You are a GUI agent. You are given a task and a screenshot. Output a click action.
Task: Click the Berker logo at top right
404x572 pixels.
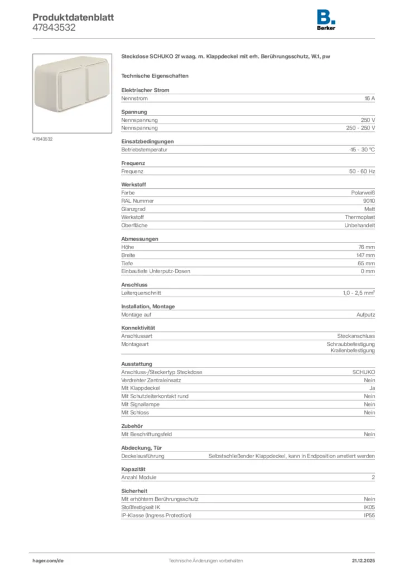[x=326, y=21]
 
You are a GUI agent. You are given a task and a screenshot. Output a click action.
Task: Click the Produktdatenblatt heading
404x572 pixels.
[x=73, y=17]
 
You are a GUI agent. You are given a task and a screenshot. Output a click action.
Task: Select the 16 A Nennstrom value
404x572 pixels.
[x=369, y=98]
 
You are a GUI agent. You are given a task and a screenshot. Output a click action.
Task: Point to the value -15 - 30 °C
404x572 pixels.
[x=362, y=150]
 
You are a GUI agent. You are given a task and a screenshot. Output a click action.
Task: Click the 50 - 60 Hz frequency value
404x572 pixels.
[x=362, y=171]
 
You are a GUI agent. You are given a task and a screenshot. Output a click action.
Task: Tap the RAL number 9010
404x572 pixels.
[x=369, y=201]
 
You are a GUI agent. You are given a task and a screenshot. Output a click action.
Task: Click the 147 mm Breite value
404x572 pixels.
[x=366, y=255]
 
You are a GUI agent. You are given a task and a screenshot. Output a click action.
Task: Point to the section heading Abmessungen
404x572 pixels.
[x=140, y=239]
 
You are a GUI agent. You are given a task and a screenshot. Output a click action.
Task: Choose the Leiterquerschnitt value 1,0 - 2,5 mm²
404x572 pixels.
[x=359, y=293]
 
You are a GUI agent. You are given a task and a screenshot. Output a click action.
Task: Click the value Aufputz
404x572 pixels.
[x=365, y=314]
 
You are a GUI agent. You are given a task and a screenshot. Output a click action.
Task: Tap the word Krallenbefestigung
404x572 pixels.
[x=355, y=350]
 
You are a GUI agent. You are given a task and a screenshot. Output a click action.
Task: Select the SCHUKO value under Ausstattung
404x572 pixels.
[x=364, y=372]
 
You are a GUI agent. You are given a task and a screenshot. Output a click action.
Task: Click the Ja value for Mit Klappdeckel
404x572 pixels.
[x=372, y=388]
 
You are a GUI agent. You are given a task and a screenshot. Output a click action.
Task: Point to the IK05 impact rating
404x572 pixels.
[x=369, y=507]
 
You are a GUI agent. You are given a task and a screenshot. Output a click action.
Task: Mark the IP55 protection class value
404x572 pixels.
[x=369, y=515]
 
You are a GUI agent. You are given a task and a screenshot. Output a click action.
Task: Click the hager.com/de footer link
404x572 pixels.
[x=48, y=560]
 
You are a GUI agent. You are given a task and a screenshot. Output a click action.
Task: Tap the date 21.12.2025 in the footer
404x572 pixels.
[x=363, y=560]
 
